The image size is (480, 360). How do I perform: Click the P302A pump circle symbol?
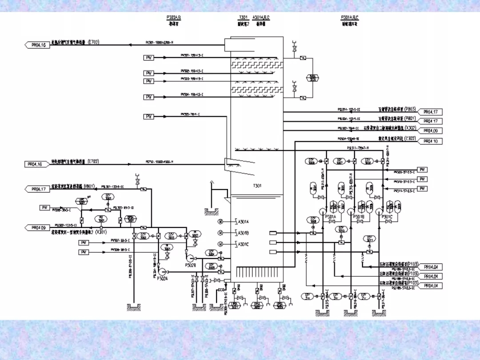pos(162,271)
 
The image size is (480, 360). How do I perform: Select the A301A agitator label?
pos(244,221)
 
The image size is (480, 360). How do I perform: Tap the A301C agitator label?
pos(244,244)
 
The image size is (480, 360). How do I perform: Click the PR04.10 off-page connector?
pos(430,141)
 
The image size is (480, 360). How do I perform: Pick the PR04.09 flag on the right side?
pos(430,131)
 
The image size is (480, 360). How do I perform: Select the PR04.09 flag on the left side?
pos(38,228)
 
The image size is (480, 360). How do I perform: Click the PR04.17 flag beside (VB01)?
pos(38,189)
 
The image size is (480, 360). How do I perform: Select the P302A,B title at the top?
pos(174,17)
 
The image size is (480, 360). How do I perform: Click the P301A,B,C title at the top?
pos(349,17)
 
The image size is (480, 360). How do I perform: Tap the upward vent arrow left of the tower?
pos(212,183)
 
